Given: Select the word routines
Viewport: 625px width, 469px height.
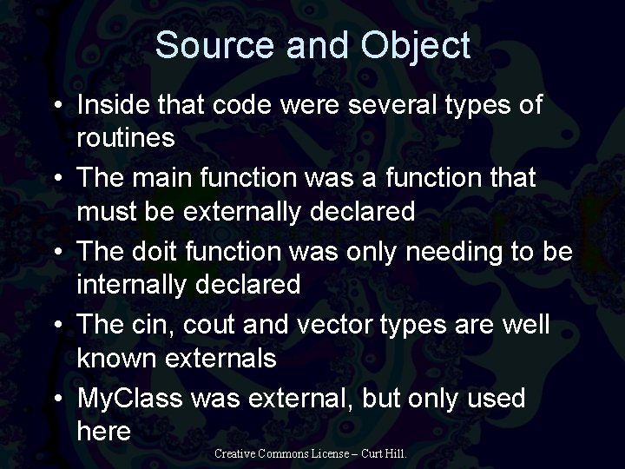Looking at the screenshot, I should [126, 137].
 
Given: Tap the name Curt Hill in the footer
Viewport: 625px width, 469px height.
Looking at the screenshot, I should [383, 453].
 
